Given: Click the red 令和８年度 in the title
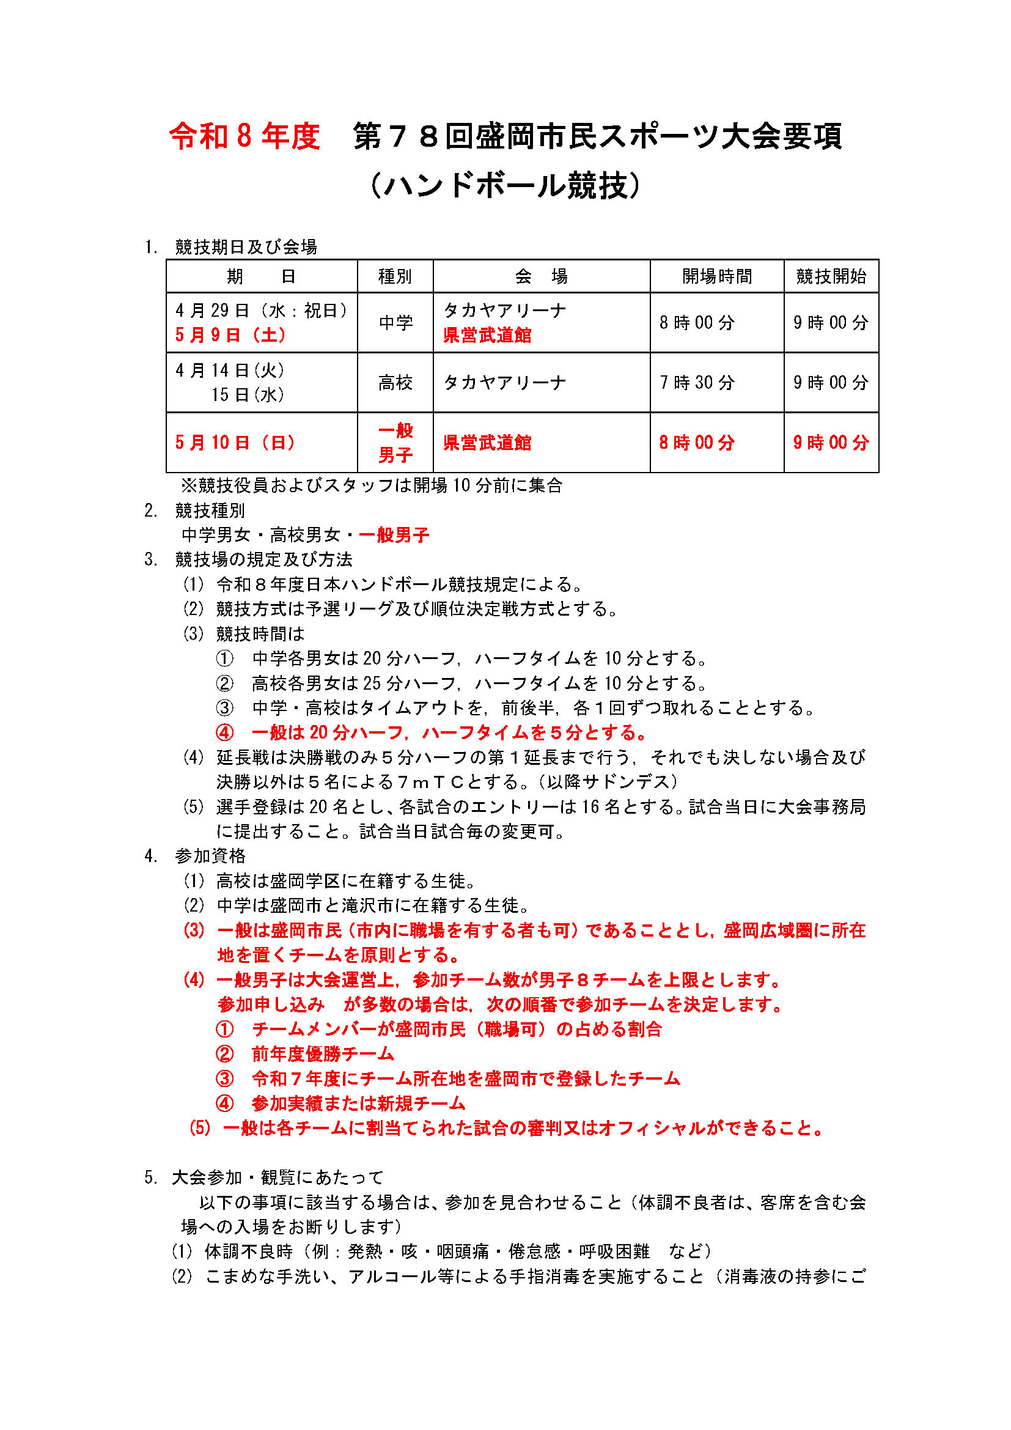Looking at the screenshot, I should (x=244, y=136).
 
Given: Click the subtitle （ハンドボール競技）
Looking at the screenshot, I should (x=505, y=185).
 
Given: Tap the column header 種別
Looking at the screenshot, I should (x=395, y=276).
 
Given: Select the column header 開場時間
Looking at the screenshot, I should (x=716, y=276).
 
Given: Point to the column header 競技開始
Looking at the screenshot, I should (x=831, y=276).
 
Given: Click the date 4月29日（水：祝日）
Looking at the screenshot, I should (x=262, y=310).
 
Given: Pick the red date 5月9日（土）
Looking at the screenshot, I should (x=231, y=335).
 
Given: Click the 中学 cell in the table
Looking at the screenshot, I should (x=395, y=323).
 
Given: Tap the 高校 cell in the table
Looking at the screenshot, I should (x=395, y=382).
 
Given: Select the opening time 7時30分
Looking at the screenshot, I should (x=697, y=382).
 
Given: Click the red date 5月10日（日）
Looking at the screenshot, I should (x=235, y=443).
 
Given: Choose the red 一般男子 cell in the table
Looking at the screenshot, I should (x=395, y=443).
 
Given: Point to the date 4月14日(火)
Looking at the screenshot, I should (x=230, y=370).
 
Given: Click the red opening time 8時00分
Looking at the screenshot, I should (x=697, y=443).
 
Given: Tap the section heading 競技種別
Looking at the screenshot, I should (x=210, y=510).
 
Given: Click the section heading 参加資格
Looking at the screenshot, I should (x=210, y=856).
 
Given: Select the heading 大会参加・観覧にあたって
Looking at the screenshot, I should (x=278, y=1177).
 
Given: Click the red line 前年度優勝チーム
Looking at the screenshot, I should (x=323, y=1054).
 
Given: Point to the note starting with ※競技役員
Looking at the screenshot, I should (x=371, y=485).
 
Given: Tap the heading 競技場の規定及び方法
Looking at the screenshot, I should (x=263, y=559).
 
